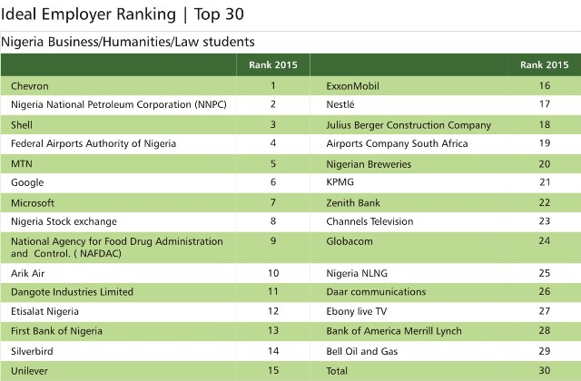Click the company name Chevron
pos(31,86)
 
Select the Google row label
pos(29,183)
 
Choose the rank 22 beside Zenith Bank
pos(544,202)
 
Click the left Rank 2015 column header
pos(272,65)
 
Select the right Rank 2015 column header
pos(545,65)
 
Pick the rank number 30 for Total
pos(544,369)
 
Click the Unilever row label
pos(31,369)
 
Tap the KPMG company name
pos(340,183)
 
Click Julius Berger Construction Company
pos(408,125)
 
